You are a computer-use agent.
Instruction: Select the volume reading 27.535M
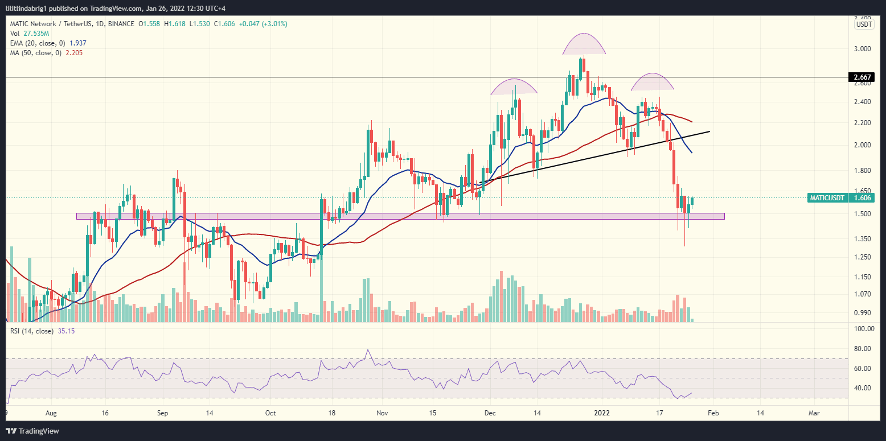coord(32,34)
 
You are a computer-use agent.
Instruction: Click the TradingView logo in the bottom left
coord(34,430)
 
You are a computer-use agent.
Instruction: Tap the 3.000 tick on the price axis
coord(862,49)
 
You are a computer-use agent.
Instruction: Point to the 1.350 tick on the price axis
coord(862,240)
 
